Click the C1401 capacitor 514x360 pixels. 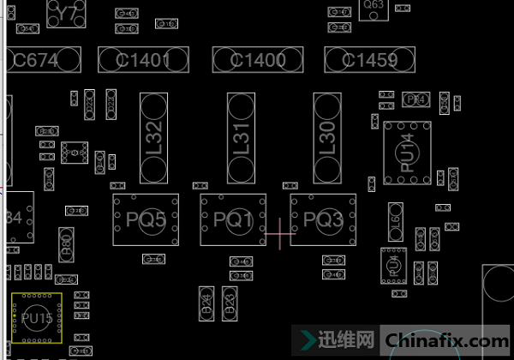click(142, 60)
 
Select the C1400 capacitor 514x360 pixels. click(258, 60)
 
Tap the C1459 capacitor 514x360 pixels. click(369, 60)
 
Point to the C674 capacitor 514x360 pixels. click(43, 60)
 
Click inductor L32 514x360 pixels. click(154, 138)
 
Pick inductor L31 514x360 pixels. click(241, 138)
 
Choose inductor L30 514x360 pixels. click(327, 138)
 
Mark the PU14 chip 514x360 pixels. click(407, 153)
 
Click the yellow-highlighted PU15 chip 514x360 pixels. click(37, 318)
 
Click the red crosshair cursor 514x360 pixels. click(279, 232)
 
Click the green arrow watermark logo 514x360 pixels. click(305, 339)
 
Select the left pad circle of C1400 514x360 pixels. click(227, 60)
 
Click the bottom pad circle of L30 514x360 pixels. click(327, 169)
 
